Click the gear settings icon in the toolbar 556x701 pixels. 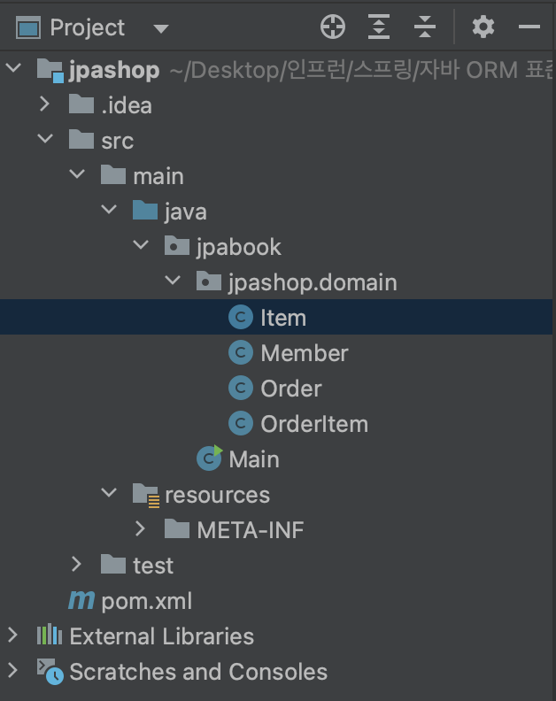(483, 27)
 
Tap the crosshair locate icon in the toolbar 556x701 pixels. (333, 27)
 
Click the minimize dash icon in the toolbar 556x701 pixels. (529, 27)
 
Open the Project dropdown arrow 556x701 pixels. (160, 28)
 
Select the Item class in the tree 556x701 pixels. (282, 318)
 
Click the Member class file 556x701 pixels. (304, 353)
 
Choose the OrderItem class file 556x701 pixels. (313, 424)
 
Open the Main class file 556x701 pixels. (253, 459)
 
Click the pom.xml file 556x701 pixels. (146, 601)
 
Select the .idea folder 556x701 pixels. (126, 105)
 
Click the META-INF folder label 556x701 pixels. (250, 530)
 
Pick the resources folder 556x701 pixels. (217, 495)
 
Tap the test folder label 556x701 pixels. (152, 566)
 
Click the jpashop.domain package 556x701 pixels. (312, 282)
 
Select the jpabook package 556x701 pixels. (238, 247)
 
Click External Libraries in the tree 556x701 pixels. (161, 636)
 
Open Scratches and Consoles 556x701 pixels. (197, 672)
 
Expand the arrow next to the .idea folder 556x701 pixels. (44, 104)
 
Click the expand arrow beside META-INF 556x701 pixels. (140, 529)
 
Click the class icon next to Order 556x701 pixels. (240, 389)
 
